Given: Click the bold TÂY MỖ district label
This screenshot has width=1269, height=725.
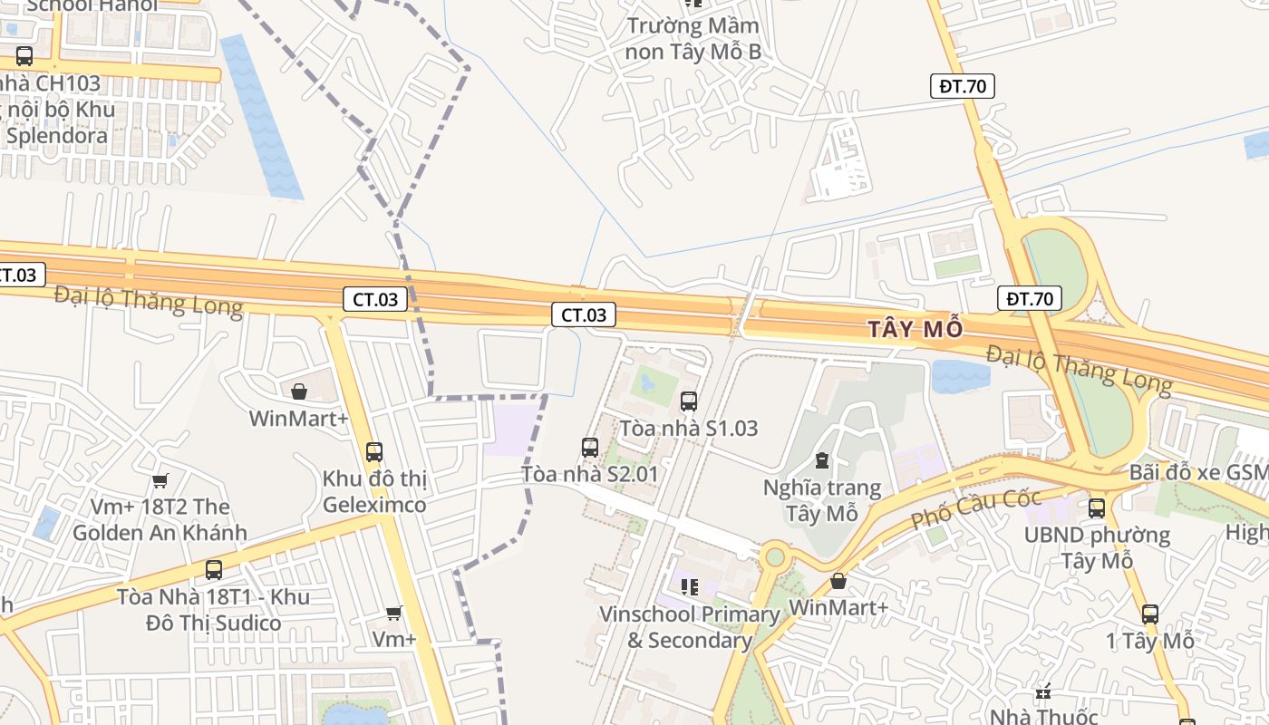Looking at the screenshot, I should (x=915, y=329).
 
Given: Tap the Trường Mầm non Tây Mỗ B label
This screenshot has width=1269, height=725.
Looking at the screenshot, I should (x=693, y=38).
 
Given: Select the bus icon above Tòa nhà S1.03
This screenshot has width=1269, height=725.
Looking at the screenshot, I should (x=689, y=401).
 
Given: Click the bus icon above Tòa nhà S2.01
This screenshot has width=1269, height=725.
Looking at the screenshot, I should (x=590, y=447).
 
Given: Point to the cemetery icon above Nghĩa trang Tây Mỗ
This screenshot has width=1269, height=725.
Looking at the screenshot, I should (x=821, y=461).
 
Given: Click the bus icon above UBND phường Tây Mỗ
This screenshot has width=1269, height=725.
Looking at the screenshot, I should (x=1097, y=507).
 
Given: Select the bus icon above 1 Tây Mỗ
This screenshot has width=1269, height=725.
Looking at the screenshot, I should (x=1150, y=614).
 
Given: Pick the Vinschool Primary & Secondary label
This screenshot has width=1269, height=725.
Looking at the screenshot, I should (x=689, y=627).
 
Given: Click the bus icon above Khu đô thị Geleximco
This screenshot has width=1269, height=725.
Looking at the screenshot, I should (x=373, y=451).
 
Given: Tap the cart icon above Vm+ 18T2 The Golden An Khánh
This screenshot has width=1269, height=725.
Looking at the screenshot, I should (x=160, y=480).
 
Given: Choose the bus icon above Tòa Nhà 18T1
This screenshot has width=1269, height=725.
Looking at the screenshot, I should (x=214, y=570).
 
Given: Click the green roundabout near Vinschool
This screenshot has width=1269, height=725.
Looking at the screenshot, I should (x=774, y=556).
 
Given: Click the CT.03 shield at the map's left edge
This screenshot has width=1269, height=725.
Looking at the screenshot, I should (x=18, y=274).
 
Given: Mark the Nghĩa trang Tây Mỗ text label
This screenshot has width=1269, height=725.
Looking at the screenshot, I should (x=821, y=501).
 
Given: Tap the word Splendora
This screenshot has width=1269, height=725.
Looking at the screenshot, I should (x=57, y=136).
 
